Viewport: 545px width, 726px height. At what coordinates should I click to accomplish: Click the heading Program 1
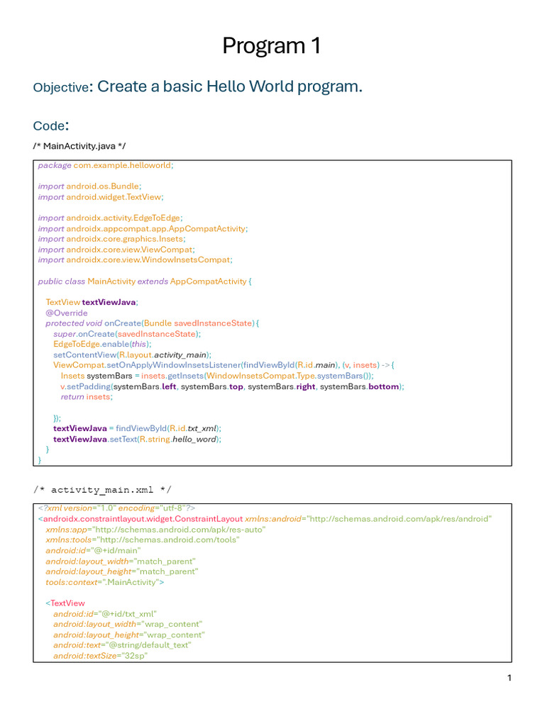pos(272,46)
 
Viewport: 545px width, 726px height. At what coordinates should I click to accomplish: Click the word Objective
pos(61,88)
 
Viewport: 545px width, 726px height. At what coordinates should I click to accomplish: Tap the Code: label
pos(50,126)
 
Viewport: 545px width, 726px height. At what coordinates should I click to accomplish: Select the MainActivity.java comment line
pos(79,146)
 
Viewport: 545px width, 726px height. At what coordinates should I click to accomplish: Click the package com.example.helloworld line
pos(106,165)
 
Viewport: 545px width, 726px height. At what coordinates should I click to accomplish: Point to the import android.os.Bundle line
pos(90,186)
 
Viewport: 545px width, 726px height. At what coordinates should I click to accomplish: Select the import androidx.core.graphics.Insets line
pos(111,239)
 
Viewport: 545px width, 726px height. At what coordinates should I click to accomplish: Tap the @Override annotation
pos(67,313)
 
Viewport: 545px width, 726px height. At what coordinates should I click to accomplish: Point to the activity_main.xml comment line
pos(102,490)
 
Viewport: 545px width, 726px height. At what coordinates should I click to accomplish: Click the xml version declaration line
pos(116,508)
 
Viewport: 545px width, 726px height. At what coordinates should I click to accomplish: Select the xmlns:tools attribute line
pos(143,540)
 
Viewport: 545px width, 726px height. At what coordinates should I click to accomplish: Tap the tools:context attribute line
pos(105,582)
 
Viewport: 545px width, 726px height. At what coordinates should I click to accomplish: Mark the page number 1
pos(509,678)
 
